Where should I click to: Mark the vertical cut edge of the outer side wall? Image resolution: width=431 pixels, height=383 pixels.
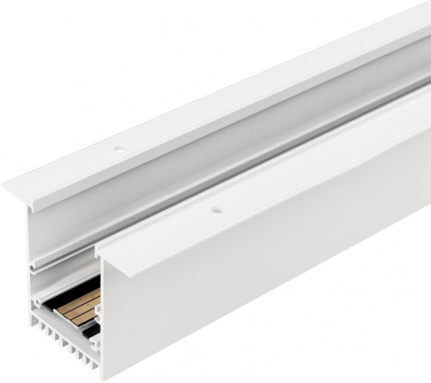pos(107,318)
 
